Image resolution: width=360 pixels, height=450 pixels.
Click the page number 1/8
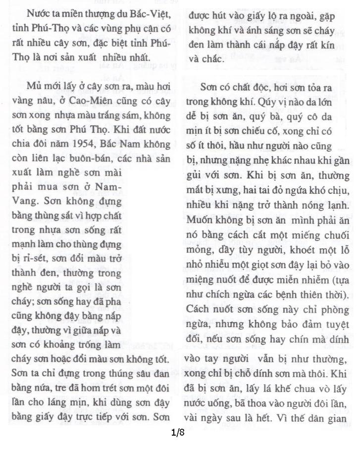point(178,433)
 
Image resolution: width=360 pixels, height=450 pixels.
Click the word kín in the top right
point(340,45)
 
